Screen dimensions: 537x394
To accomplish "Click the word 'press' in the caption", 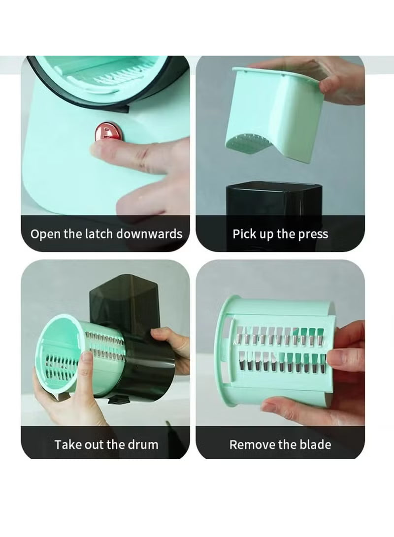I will coord(312,233).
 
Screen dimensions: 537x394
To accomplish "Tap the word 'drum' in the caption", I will coord(143,444).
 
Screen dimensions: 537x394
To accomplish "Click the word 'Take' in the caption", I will coord(68,444).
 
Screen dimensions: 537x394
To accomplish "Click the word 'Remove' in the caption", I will coord(252,444).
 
